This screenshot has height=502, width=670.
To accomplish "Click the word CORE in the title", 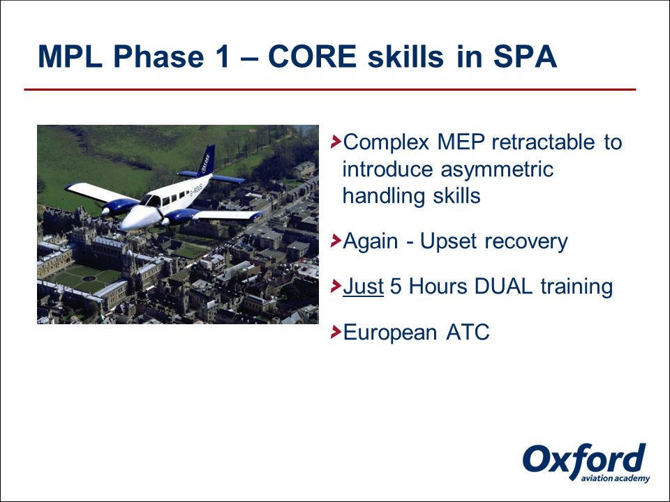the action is pos(313,56).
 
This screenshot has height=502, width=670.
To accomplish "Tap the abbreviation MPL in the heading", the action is pos(70,56).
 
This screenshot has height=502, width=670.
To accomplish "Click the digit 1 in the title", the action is pos(222,56).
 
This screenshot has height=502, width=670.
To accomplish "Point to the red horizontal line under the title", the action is pos(330,90).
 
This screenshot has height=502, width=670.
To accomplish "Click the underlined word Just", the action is pos(363,286).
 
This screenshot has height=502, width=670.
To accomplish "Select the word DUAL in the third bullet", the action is pos(503,286).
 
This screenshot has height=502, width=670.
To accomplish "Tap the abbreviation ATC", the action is pos(468,332).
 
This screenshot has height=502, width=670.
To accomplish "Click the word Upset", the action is pos(448,242).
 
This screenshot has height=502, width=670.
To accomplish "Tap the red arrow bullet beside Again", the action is pos(336,241).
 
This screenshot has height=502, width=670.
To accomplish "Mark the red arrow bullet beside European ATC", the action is pos(336,332).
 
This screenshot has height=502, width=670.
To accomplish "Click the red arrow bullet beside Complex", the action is pos(336,142).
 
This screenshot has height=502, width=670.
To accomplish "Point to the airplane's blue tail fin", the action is pos(207,161).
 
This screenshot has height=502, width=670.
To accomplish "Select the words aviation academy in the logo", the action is pos(616,478).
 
